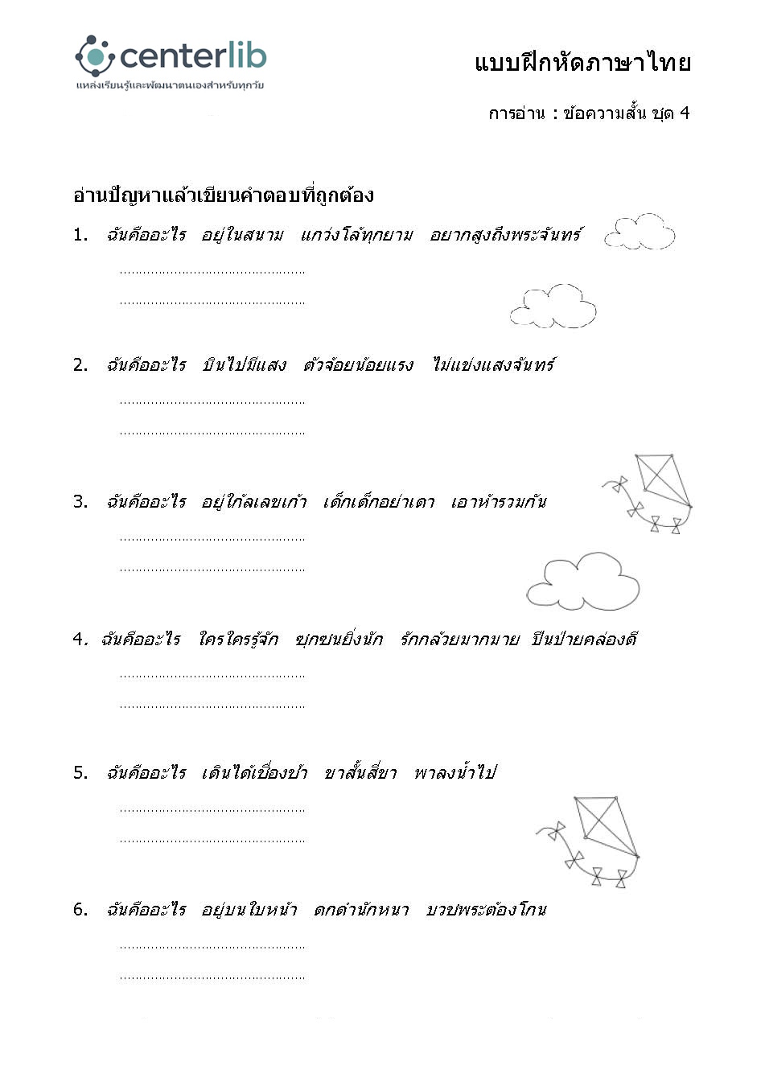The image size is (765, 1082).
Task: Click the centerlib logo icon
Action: [x=96, y=56]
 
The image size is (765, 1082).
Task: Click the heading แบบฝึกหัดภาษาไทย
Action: [x=582, y=63]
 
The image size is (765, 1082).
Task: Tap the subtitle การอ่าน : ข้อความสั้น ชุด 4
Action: [x=589, y=113]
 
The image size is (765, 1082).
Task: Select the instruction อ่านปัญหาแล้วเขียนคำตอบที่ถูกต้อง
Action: [x=223, y=195]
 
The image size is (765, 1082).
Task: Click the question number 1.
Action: [x=80, y=235]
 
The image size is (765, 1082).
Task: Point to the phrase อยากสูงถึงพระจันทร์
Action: [x=505, y=235]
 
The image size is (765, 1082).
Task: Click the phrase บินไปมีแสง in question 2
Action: [x=244, y=365]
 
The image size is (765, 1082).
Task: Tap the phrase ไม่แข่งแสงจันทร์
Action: [x=493, y=365]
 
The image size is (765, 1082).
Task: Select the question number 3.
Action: [x=80, y=502]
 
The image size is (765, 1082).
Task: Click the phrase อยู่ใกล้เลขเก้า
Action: [x=253, y=502]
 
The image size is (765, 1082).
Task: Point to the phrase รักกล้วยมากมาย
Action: [x=459, y=640]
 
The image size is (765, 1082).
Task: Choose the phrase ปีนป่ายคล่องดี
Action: [x=584, y=640]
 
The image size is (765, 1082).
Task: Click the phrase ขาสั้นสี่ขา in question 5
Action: [x=360, y=773]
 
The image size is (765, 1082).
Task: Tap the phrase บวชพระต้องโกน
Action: [x=486, y=910]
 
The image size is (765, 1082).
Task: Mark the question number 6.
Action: [x=80, y=910]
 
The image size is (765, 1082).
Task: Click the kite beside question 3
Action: [x=651, y=492]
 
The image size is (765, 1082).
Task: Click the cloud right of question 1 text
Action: [x=640, y=232]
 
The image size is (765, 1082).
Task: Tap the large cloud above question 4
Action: [x=582, y=581]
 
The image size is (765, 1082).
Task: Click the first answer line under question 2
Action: [x=212, y=401]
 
